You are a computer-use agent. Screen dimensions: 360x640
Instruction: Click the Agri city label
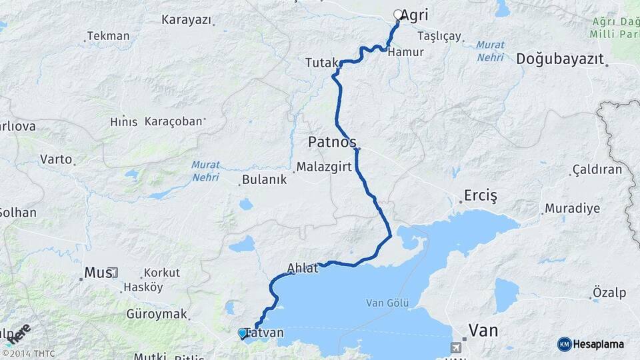[415, 15]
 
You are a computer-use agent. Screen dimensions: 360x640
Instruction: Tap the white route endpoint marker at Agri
[398, 14]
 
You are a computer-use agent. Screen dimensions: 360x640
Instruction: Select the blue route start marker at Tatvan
[243, 332]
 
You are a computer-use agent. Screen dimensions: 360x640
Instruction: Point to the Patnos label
[332, 142]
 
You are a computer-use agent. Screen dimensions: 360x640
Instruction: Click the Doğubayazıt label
[560, 59]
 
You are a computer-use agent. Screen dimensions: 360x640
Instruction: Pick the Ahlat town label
[303, 268]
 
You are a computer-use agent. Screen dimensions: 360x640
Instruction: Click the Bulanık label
[264, 179]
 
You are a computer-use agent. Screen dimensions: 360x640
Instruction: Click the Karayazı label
[186, 19]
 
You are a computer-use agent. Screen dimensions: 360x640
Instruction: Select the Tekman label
[108, 36]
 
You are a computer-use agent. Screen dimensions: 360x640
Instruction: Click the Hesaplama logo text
[599, 344]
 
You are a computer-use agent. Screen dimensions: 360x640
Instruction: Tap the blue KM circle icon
[565, 344]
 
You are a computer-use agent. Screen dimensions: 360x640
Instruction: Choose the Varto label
[56, 159]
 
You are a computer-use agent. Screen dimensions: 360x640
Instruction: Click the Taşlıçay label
[439, 36]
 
